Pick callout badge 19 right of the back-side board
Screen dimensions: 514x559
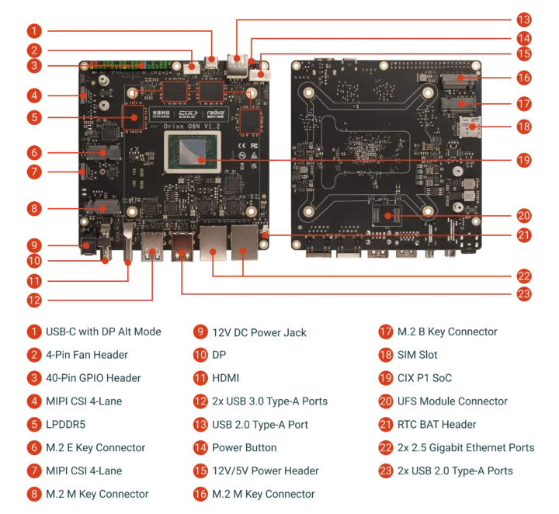(525, 159)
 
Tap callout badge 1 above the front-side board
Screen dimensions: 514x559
(33, 31)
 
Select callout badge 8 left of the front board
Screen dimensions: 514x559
(33, 207)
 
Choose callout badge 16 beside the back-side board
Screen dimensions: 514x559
(525, 77)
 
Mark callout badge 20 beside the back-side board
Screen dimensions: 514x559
(525, 216)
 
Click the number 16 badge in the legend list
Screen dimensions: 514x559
(200, 493)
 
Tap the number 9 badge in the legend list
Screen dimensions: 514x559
(200, 332)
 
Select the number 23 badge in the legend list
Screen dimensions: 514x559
(386, 471)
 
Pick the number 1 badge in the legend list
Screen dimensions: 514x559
(33, 332)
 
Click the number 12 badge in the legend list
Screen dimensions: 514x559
(200, 401)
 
